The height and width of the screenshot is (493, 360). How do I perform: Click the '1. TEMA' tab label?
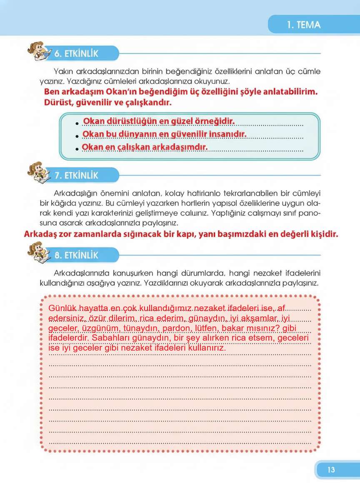[304, 25]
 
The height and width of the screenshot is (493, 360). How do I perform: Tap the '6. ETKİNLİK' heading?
[77, 54]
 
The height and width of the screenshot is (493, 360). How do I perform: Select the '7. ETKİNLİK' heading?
[77, 175]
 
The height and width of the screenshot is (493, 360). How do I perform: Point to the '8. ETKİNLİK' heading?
[77, 255]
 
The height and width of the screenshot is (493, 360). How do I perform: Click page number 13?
[331, 470]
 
